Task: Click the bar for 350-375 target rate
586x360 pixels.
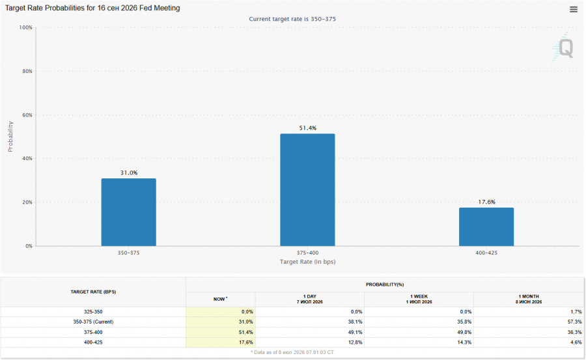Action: coord(128,212)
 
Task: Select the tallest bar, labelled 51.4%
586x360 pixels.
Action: coord(307,189)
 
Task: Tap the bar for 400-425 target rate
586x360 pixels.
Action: coord(486,227)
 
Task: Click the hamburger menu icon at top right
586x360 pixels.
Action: coord(573,9)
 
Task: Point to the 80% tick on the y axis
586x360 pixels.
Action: coord(27,71)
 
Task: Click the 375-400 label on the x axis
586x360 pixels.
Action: coord(307,253)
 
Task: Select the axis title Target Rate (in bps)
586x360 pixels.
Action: coord(307,262)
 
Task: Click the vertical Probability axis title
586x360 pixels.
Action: coord(10,137)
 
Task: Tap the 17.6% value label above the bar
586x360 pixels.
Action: coord(486,202)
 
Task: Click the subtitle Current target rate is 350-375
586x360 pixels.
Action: coord(292,19)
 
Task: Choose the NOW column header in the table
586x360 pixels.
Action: coord(220,299)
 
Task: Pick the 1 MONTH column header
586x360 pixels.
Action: coord(529,299)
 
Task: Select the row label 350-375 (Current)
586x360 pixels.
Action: coord(93,322)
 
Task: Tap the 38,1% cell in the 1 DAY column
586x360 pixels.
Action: coord(356,322)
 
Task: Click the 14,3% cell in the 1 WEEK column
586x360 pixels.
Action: coord(464,342)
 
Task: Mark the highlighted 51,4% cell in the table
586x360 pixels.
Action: coord(221,333)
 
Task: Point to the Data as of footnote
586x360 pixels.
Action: coord(292,352)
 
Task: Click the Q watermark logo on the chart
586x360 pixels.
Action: coord(563,48)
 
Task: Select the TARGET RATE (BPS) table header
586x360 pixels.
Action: coord(93,292)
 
